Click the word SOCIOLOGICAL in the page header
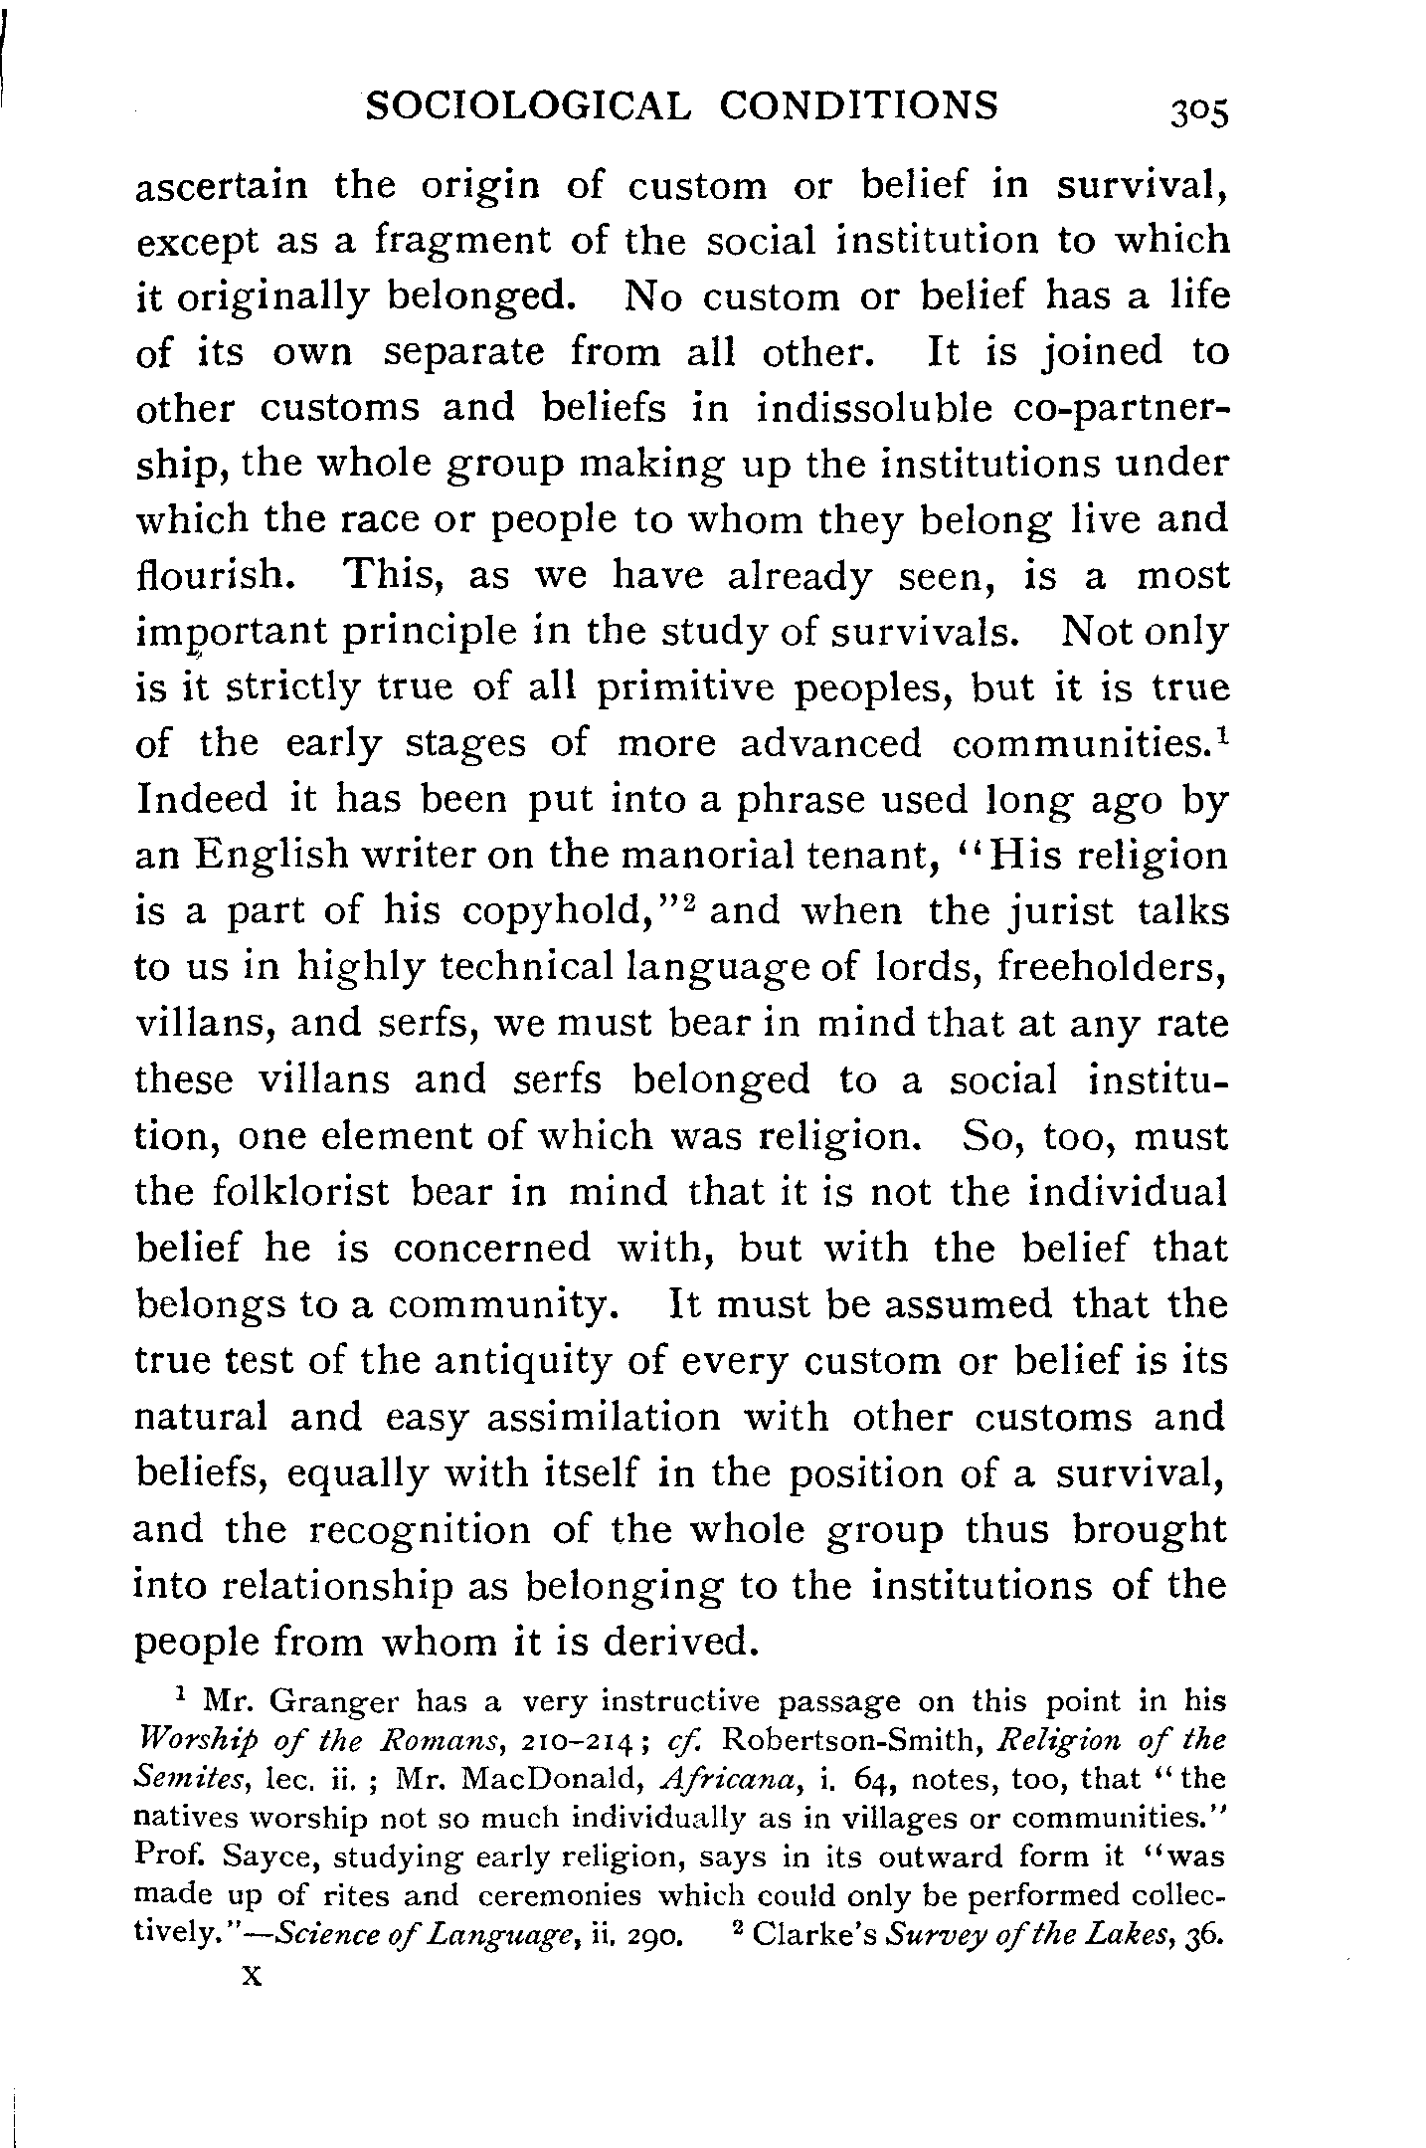527,105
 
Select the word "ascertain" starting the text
221,186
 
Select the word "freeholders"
1110,968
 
